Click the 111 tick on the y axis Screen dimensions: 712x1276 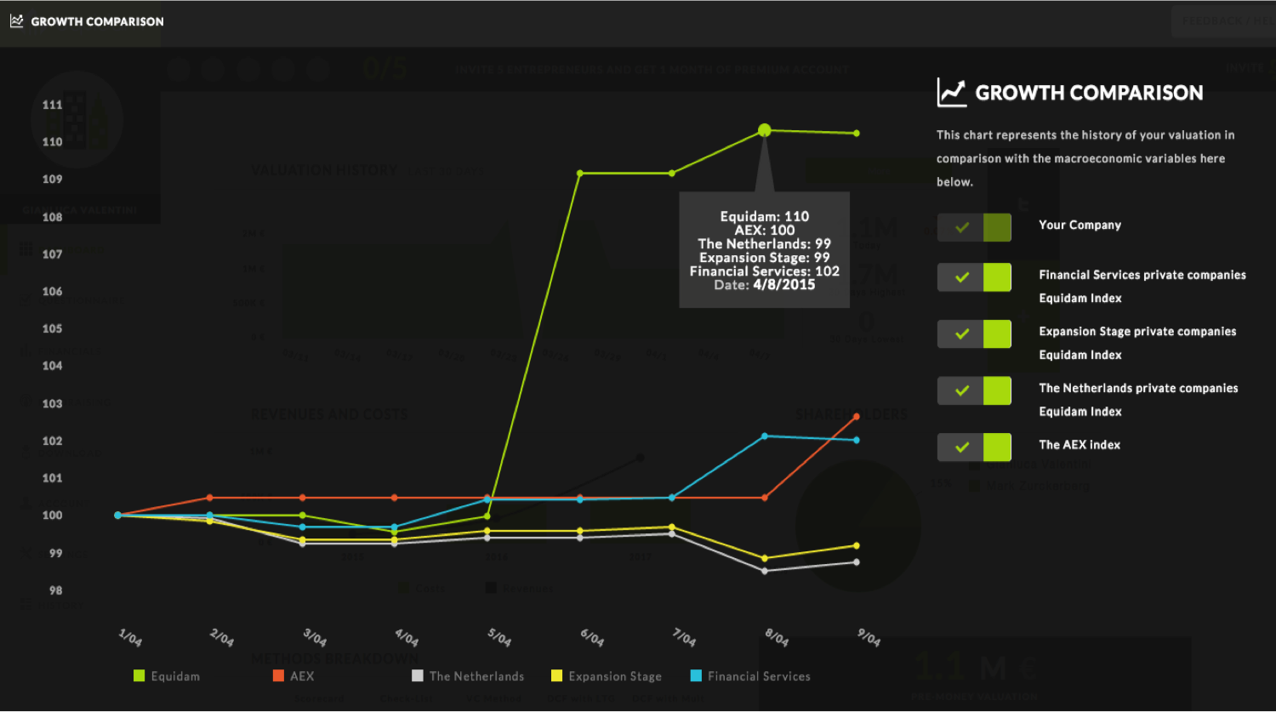click(x=53, y=105)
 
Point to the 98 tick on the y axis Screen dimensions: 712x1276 click(x=55, y=590)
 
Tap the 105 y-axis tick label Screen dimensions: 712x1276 click(x=53, y=328)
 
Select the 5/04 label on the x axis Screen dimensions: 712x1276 click(x=498, y=637)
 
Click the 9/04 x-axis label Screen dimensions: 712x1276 click(x=868, y=637)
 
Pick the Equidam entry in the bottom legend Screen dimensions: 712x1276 click(x=167, y=676)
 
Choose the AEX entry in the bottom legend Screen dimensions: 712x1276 click(x=293, y=676)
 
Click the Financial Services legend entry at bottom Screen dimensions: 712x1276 click(x=750, y=676)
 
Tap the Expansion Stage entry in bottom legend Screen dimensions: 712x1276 click(x=607, y=676)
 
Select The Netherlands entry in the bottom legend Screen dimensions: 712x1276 click(x=468, y=676)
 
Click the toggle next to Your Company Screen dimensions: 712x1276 click(x=974, y=227)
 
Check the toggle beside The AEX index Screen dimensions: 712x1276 click(x=974, y=447)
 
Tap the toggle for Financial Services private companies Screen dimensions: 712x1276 click(x=974, y=277)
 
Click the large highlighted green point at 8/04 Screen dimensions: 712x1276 click(x=764, y=130)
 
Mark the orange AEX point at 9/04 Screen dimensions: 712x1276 click(x=857, y=417)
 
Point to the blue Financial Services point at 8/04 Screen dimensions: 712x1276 click(x=765, y=436)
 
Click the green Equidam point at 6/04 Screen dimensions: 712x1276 click(x=580, y=174)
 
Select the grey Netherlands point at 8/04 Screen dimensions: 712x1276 click(x=765, y=571)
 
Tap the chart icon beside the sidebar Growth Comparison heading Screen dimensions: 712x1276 click(x=951, y=93)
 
